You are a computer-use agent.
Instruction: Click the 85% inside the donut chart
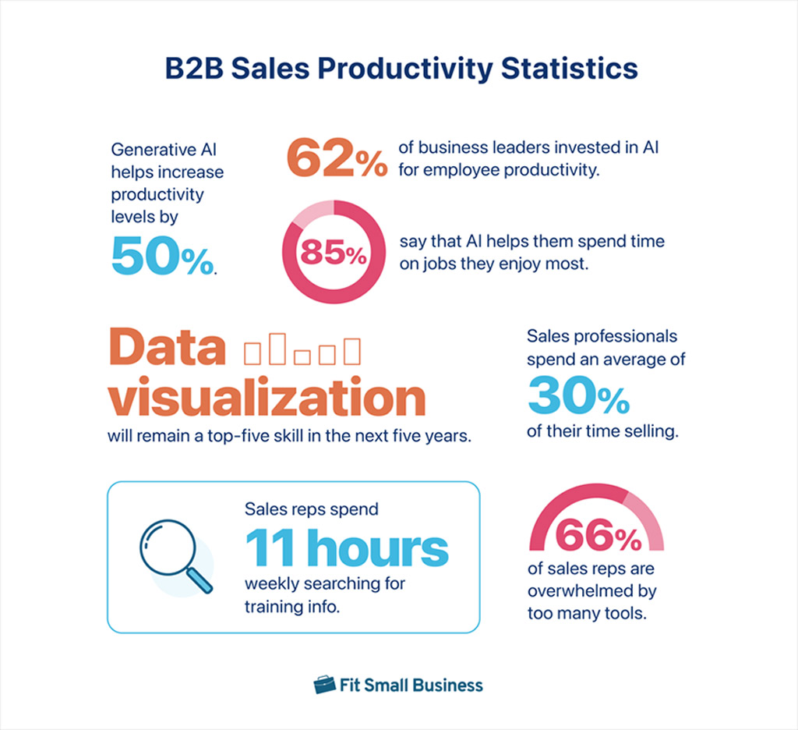(x=333, y=252)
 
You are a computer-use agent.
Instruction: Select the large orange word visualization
(x=267, y=399)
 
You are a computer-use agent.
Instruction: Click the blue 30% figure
(x=577, y=397)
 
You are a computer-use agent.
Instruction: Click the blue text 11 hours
(x=347, y=548)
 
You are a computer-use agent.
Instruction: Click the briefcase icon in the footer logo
(x=324, y=686)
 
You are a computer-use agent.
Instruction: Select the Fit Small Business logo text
(x=411, y=686)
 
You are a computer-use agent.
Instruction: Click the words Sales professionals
(x=602, y=337)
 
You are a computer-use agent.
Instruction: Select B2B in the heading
(x=193, y=69)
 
